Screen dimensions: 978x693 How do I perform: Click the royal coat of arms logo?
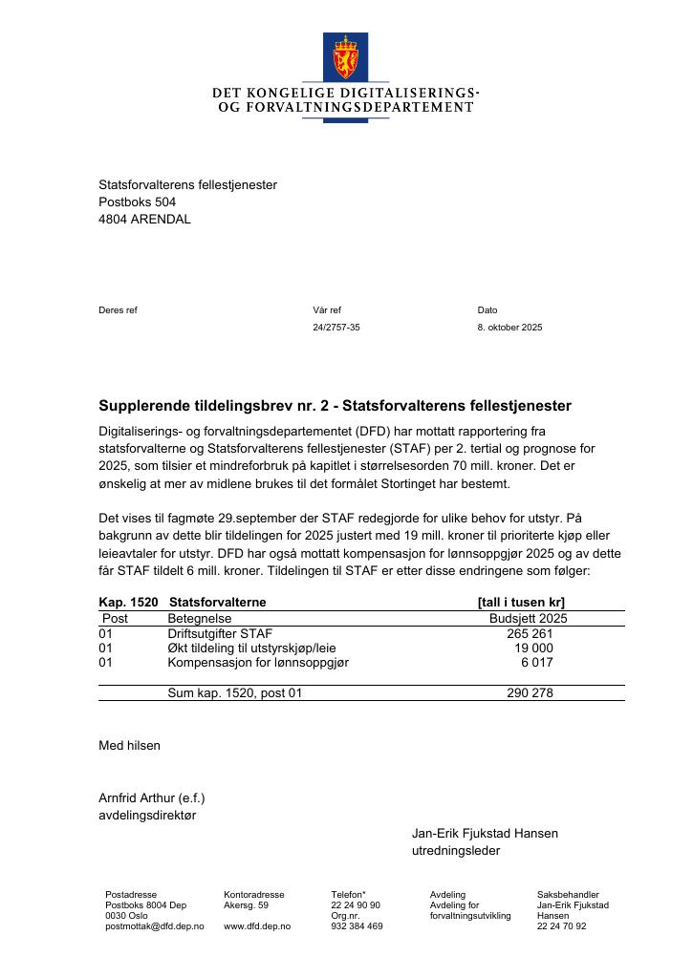[345, 56]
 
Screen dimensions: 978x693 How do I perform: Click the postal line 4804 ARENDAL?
[144, 219]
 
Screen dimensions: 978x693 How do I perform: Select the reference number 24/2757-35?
[336, 328]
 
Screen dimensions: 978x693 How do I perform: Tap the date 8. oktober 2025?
[509, 328]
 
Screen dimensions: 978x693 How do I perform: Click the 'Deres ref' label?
[118, 310]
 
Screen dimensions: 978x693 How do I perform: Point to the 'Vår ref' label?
[327, 310]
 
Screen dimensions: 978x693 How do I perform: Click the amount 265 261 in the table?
[530, 633]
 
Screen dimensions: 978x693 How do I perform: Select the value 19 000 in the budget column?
[534, 648]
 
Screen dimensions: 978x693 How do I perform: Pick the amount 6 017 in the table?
[537, 662]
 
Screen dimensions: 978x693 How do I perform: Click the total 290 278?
[530, 693]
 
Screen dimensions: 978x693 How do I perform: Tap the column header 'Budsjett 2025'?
[528, 618]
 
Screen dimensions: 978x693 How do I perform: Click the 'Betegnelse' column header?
[200, 618]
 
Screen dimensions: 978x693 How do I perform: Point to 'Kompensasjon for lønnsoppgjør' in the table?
[258, 662]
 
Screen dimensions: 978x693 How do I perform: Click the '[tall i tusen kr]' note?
[521, 603]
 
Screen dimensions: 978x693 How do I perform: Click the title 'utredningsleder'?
[456, 850]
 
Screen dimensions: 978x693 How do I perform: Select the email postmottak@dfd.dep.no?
[155, 926]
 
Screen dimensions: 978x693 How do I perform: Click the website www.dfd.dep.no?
[257, 926]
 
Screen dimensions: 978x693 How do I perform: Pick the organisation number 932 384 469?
[357, 926]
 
